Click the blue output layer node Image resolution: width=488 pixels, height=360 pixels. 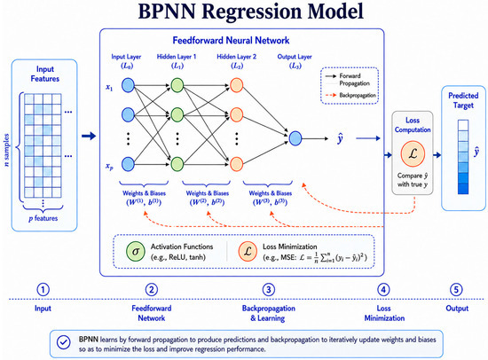295,138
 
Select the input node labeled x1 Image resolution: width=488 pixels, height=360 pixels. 128,85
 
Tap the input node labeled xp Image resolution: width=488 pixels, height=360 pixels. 128,164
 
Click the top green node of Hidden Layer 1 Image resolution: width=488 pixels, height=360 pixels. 177,85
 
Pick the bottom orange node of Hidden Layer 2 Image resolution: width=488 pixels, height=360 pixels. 236,164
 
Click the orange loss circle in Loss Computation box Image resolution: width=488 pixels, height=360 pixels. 413,153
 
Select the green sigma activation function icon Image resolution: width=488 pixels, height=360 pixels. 136,252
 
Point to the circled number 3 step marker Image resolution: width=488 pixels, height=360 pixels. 268,290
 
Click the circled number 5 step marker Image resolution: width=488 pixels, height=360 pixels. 456,290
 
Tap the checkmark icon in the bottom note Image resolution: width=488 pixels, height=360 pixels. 64,342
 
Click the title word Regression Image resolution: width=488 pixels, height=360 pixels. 252,12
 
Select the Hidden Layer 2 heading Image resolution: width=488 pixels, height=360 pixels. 237,57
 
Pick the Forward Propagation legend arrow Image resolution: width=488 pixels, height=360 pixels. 331,76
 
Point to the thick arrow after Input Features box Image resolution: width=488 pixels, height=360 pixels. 89,136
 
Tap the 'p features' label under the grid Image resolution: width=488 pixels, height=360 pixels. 43,218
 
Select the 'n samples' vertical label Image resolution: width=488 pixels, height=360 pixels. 6,150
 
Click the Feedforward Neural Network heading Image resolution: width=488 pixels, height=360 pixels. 231,41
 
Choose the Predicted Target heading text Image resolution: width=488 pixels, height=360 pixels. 463,100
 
